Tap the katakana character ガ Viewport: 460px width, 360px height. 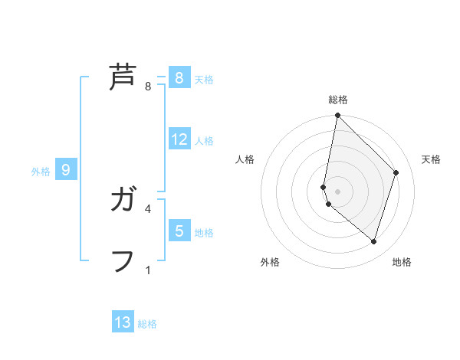[x=123, y=201]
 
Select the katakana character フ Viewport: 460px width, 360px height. [x=123, y=260]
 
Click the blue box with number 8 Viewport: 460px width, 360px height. [x=179, y=77]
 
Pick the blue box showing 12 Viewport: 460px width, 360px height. [x=179, y=139]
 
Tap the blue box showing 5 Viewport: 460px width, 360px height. [x=179, y=231]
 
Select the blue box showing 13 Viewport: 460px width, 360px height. [x=123, y=322]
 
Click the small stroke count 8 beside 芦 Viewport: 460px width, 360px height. [x=148, y=87]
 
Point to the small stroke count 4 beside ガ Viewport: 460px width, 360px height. [x=148, y=208]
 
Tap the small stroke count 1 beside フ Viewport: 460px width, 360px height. [x=148, y=270]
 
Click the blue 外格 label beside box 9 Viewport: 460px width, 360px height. [x=41, y=172]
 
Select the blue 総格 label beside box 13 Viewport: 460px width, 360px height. [x=147, y=324]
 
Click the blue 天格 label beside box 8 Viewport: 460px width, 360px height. [x=204, y=79]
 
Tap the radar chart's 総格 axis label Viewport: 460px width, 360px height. [x=337, y=100]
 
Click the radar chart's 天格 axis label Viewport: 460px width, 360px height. [x=431, y=159]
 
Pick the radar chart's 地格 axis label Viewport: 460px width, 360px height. [x=402, y=262]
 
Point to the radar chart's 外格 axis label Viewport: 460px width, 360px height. [x=270, y=262]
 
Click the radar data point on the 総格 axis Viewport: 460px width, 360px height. [x=337, y=116]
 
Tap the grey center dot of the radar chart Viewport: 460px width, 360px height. [x=337, y=191]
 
